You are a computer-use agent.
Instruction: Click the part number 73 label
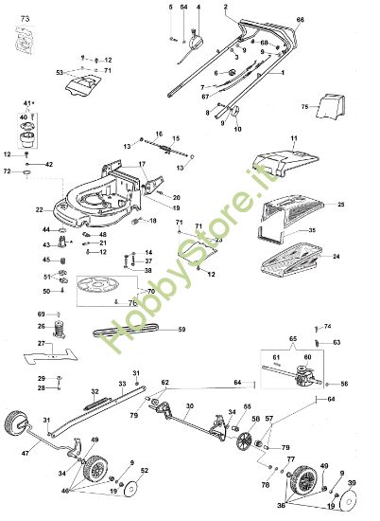pyautogui.click(x=25, y=19)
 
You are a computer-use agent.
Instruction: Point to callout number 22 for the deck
pyautogui.click(x=39, y=208)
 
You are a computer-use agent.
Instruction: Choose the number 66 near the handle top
pyautogui.click(x=301, y=20)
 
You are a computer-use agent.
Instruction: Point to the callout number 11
pyautogui.click(x=293, y=139)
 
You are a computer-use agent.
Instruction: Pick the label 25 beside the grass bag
pyautogui.click(x=341, y=205)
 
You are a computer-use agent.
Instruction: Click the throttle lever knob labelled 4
pyautogui.click(x=199, y=40)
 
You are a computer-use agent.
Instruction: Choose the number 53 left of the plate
pyautogui.click(x=60, y=72)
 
